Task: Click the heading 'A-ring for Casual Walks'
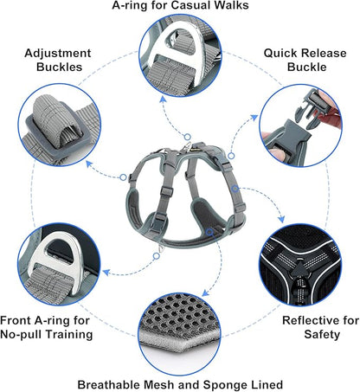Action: click(x=181, y=7)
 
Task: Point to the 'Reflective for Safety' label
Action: click(x=319, y=328)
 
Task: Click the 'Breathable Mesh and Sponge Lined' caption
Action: click(x=180, y=383)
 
